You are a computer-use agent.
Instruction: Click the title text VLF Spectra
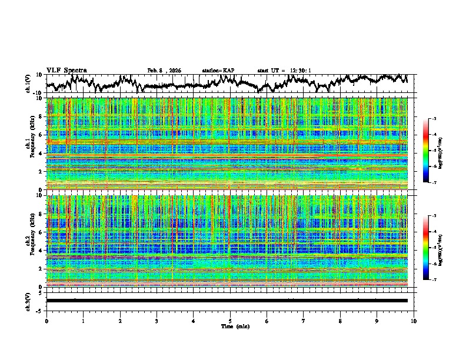click(x=66, y=71)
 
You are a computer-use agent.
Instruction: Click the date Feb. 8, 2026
click(x=164, y=71)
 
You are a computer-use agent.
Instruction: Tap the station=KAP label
click(x=218, y=71)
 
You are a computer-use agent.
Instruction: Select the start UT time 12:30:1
click(x=284, y=71)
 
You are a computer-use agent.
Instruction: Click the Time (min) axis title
click(x=230, y=326)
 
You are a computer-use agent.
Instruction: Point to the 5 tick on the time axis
click(x=230, y=321)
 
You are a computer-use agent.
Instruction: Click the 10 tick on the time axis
click(x=414, y=321)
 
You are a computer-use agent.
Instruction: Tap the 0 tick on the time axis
click(x=46, y=321)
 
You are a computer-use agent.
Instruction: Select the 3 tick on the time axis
click(x=157, y=321)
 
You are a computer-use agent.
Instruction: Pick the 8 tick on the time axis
click(x=340, y=321)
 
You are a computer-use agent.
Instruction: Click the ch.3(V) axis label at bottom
click(x=29, y=301)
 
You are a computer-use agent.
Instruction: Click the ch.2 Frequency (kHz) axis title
click(x=29, y=239)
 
